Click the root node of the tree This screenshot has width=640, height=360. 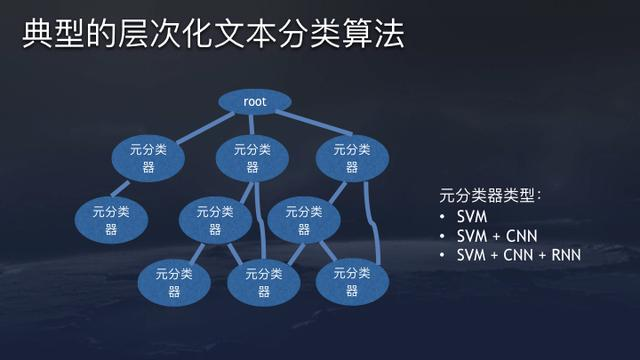coord(254,102)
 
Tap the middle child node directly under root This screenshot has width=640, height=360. coord(253,158)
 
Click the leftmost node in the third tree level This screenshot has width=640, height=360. coord(111,219)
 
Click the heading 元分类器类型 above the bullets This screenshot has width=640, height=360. coord(489,194)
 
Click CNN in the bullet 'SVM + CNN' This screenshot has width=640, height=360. coord(519,236)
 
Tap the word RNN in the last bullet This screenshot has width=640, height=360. coord(564,255)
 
